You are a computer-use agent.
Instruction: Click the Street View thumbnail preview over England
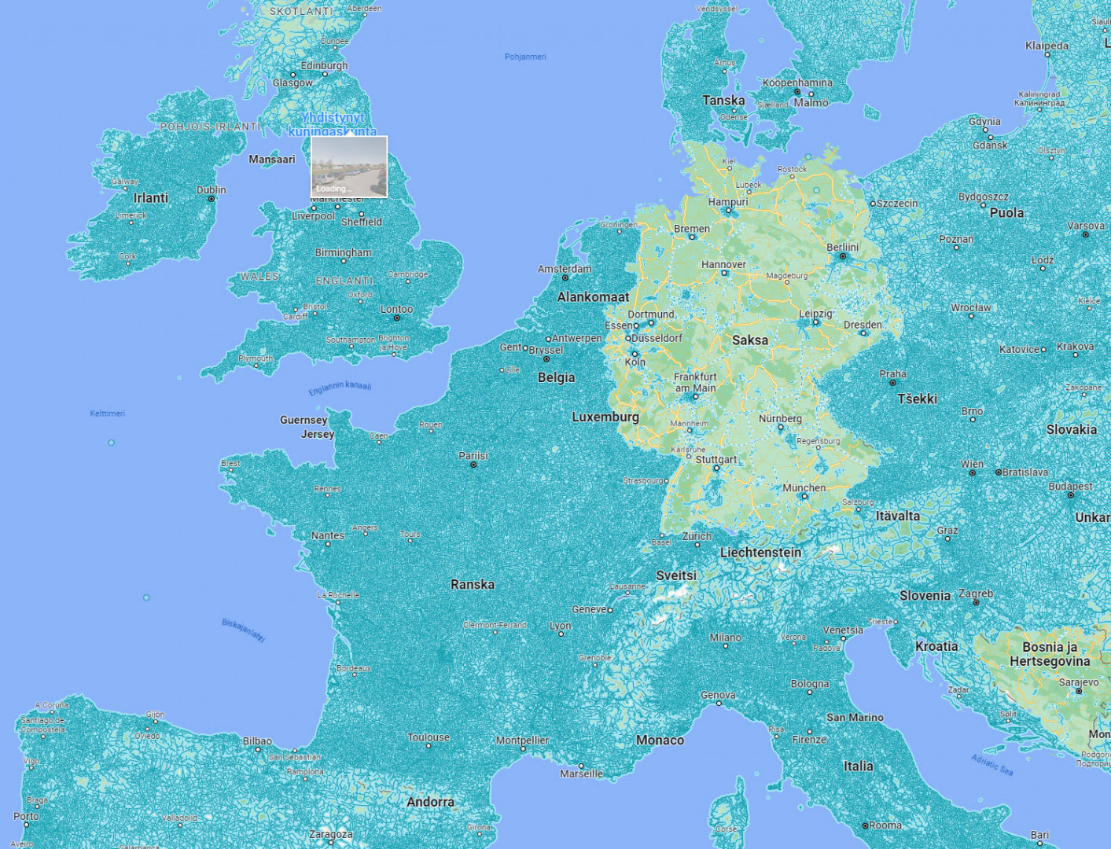tap(349, 166)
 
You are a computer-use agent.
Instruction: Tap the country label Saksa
tap(749, 340)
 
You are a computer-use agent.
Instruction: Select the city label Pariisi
tap(473, 456)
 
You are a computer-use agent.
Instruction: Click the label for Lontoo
tap(396, 309)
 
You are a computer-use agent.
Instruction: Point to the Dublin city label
tap(211, 190)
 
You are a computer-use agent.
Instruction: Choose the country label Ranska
tap(473, 584)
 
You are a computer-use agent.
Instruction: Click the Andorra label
tap(430, 802)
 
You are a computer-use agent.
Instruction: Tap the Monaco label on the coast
tap(660, 740)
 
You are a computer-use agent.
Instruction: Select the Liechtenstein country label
tap(760, 553)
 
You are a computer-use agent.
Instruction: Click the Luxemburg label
tap(605, 417)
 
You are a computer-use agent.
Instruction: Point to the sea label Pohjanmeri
tap(525, 57)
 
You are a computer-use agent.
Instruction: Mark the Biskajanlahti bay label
tap(243, 630)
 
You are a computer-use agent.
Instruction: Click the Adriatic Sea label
tap(991, 765)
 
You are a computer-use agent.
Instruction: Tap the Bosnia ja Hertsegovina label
tap(1050, 654)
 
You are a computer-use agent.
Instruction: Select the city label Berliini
tap(842, 247)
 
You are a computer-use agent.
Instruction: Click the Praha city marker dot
tap(892, 383)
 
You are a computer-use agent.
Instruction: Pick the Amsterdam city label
tap(565, 269)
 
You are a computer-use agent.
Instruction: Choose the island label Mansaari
tap(271, 160)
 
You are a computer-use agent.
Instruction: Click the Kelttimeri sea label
tap(107, 413)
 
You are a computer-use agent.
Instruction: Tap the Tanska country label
tap(723, 101)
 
